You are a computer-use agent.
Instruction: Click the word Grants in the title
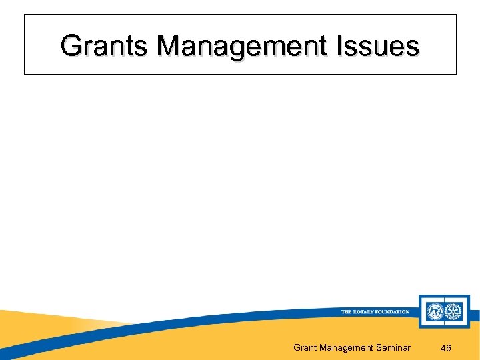(x=105, y=46)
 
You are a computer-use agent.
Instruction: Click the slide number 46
(x=446, y=348)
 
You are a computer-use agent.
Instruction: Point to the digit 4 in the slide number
(x=443, y=348)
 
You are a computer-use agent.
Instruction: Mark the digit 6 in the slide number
(x=450, y=348)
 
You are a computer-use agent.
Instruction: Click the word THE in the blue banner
(x=347, y=312)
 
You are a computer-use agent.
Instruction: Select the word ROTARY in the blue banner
(x=364, y=312)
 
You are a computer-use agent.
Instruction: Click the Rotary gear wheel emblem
(x=455, y=311)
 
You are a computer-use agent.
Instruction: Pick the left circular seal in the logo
(x=434, y=311)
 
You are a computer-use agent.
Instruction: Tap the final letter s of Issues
(x=414, y=46)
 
